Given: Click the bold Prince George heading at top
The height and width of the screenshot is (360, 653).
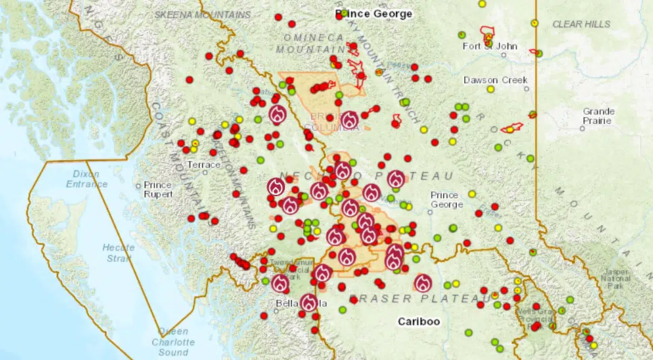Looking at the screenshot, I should coord(374,14).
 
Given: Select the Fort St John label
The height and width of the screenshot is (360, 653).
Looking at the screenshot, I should coord(490,47).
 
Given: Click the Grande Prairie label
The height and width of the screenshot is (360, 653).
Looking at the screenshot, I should coord(598,116).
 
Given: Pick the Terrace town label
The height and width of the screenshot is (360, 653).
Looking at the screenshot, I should coord(204,164).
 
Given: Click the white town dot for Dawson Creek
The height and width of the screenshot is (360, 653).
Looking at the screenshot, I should coord(526,89).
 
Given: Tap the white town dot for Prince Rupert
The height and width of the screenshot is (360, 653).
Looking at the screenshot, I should coord(138,185).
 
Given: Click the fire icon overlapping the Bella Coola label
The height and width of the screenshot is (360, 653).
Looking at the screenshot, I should coord(309,302).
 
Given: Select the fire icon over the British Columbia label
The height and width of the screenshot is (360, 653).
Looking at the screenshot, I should coord(349,120).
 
